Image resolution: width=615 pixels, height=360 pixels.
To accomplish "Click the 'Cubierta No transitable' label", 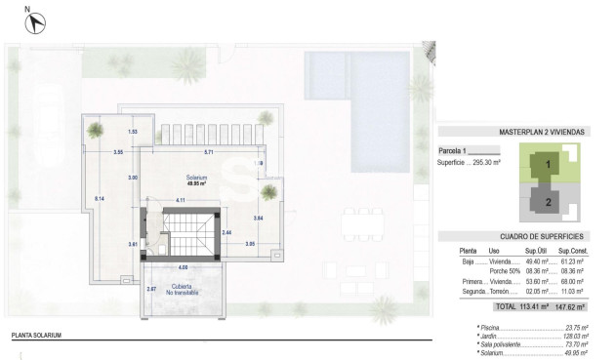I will tap(182, 290).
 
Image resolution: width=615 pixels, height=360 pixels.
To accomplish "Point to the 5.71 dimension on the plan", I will tap(208, 153).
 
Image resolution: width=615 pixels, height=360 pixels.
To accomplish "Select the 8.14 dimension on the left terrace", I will tap(99, 198).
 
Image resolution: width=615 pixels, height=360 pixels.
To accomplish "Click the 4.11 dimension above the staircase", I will tap(180, 200).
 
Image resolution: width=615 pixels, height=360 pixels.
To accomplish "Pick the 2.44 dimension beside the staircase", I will tap(226, 232).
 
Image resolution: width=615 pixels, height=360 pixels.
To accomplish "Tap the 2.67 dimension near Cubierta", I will tap(150, 289).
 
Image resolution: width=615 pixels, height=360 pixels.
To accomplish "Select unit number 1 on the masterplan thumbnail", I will tap(548, 165).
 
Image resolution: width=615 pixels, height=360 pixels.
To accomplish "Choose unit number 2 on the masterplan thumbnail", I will tap(548, 202).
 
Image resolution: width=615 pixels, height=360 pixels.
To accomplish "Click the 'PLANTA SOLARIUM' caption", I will tap(36, 335).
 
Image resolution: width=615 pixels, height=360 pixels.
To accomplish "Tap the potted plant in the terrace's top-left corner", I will tap(95, 129).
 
